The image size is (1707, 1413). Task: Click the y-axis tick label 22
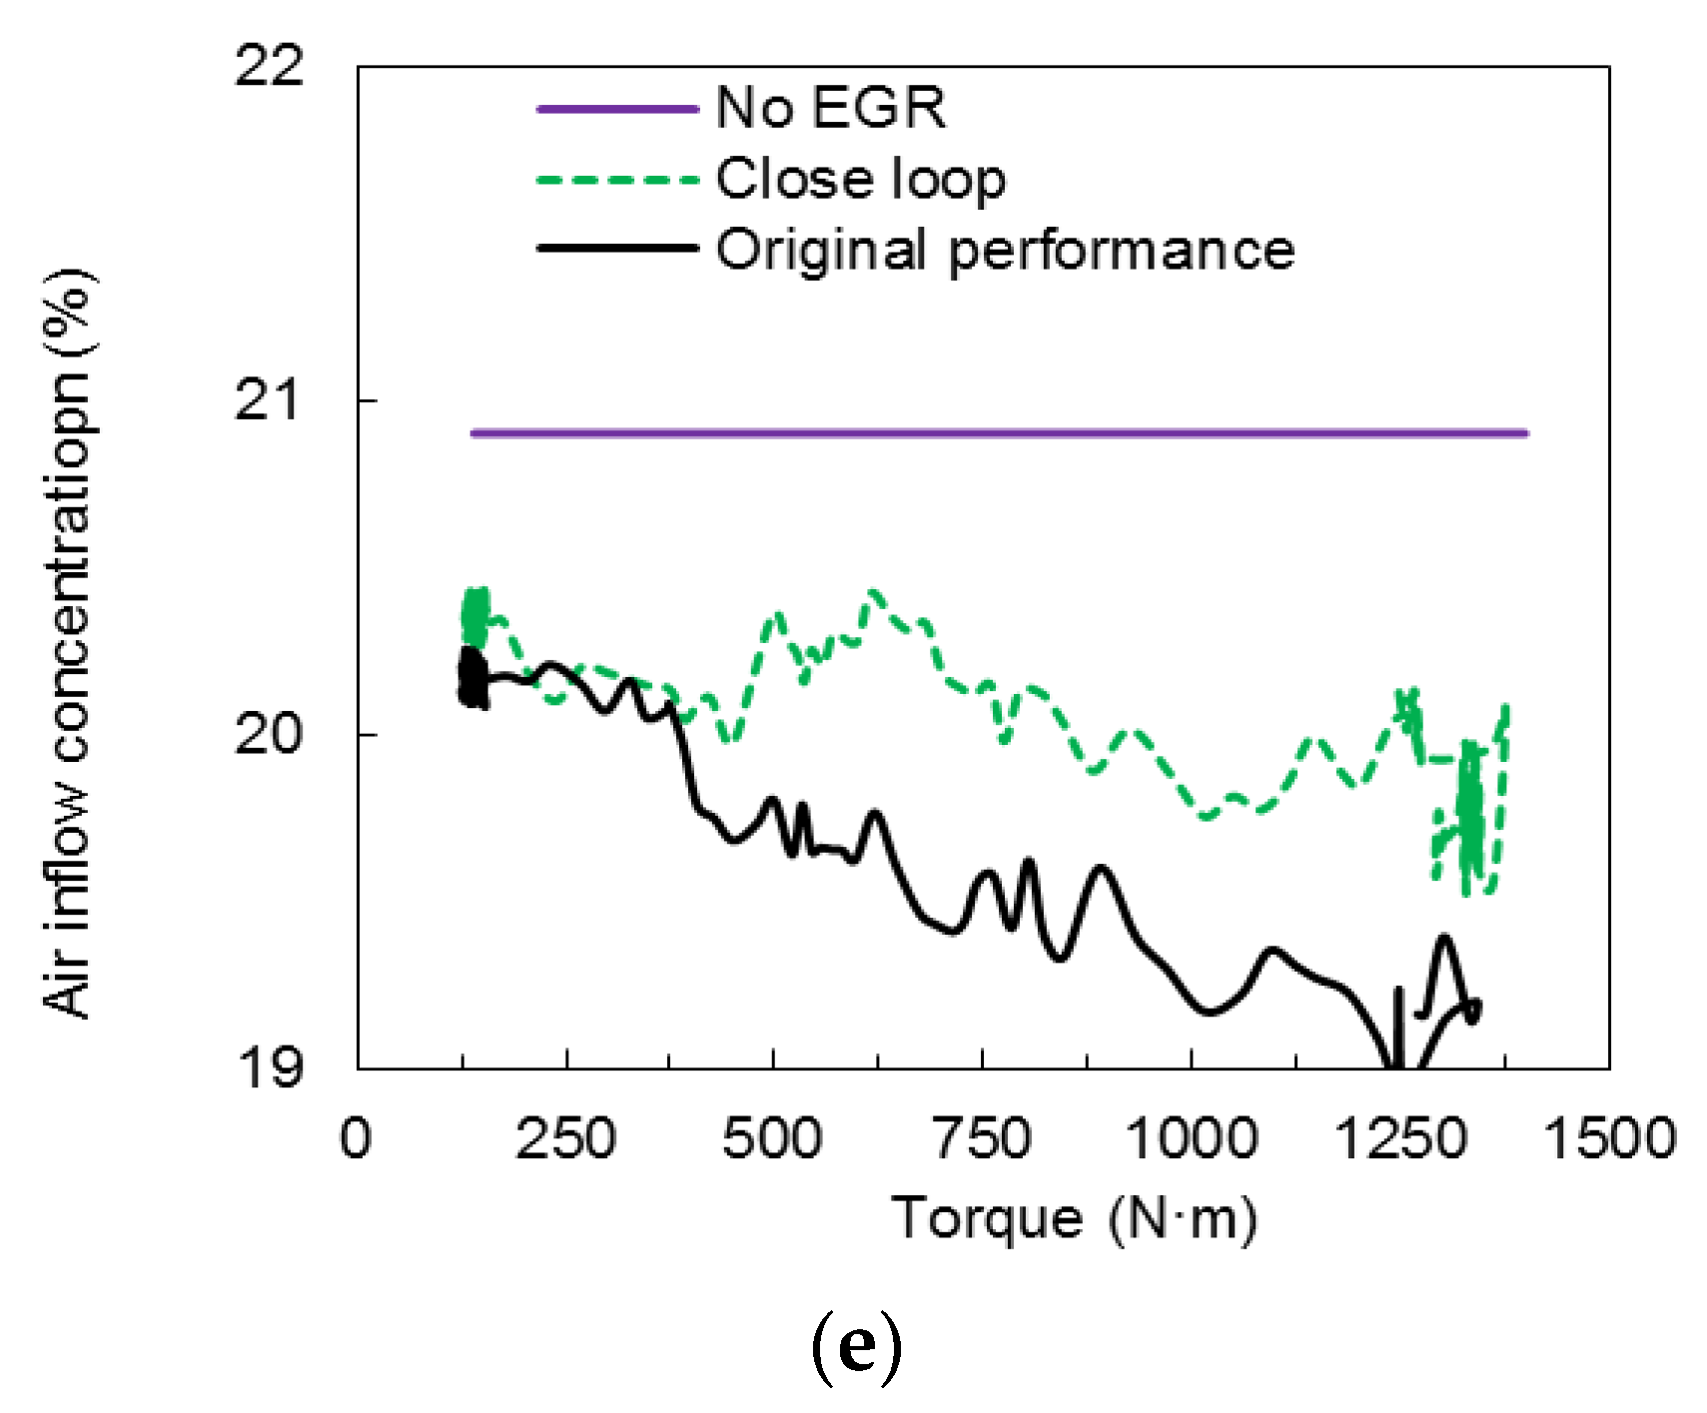[268, 67]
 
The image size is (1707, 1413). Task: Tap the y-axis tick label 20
[267, 735]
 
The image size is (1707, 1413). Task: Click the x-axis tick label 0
[356, 1138]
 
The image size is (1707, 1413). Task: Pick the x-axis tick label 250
[565, 1138]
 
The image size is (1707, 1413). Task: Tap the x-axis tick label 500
[773, 1138]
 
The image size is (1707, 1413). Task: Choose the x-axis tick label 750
[982, 1138]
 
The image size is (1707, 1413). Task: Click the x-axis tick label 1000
[1192, 1138]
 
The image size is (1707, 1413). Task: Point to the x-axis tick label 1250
[1400, 1138]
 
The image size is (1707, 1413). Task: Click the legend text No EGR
[831, 108]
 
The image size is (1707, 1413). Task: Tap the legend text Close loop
[861, 180]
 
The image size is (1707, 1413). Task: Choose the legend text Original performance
[1005, 251]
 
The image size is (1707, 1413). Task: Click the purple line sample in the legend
[617, 108]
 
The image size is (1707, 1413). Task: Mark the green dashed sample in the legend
[617, 181]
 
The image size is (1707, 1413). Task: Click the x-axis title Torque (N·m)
[1073, 1219]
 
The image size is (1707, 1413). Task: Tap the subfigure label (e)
[856, 1348]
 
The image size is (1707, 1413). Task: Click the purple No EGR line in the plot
[999, 433]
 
